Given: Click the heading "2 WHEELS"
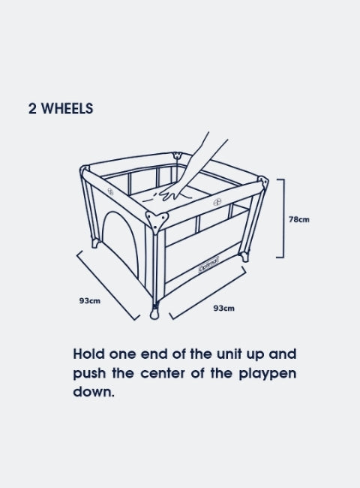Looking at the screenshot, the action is (61, 109).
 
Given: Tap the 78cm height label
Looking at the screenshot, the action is (299, 219).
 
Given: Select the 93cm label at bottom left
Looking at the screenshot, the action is (90, 301).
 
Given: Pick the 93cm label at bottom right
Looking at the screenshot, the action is (223, 309).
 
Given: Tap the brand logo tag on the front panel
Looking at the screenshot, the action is (209, 264).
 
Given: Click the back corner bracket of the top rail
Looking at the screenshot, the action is (177, 155).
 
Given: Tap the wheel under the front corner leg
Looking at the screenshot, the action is (154, 313).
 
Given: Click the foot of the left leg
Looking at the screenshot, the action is (95, 243).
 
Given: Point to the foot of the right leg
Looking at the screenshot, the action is (244, 257).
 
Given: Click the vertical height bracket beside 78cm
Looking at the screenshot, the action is (283, 218).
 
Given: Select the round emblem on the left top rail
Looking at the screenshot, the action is (110, 191).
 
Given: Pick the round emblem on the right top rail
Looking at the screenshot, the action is (217, 202).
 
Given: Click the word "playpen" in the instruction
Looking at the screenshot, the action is (267, 374).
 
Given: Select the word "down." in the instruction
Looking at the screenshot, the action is (94, 391).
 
